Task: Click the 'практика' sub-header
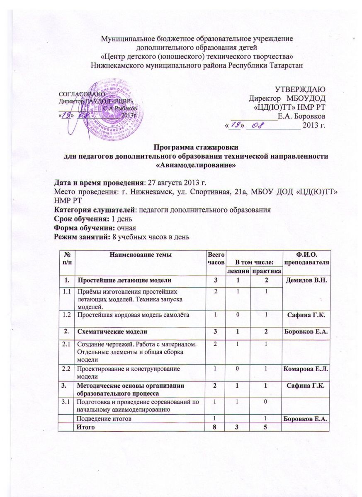click(x=265, y=270)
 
